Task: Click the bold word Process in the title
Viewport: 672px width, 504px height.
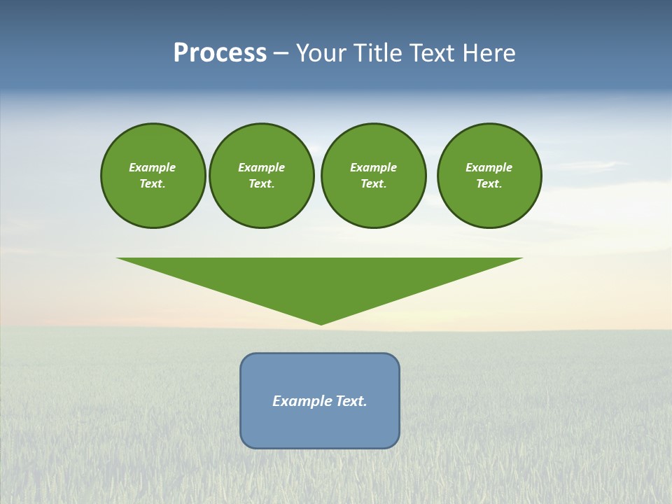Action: pos(220,53)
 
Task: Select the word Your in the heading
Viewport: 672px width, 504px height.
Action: pos(323,53)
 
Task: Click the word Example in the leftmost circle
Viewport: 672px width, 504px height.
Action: pos(152,167)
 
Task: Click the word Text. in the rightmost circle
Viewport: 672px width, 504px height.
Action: pos(489,184)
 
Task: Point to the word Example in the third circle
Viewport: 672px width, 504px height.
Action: pos(373,167)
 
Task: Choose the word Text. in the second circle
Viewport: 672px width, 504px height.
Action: pos(261,184)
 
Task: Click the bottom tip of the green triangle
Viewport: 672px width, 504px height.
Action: pos(321,323)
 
